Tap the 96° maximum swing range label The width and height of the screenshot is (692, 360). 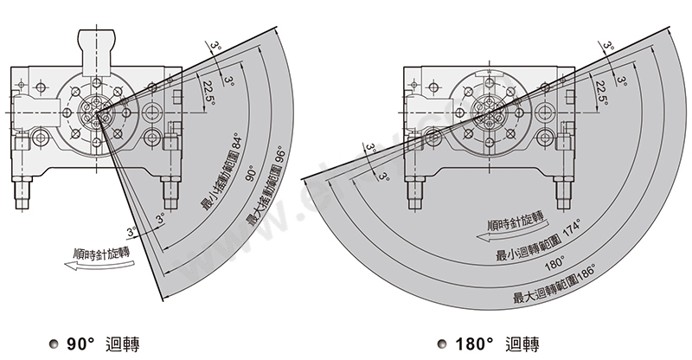point(266,187)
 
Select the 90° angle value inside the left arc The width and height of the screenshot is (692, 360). point(250,173)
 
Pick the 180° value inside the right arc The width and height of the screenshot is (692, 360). point(554,263)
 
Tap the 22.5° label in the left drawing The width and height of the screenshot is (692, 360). point(208,93)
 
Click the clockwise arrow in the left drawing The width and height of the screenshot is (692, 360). point(99,265)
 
